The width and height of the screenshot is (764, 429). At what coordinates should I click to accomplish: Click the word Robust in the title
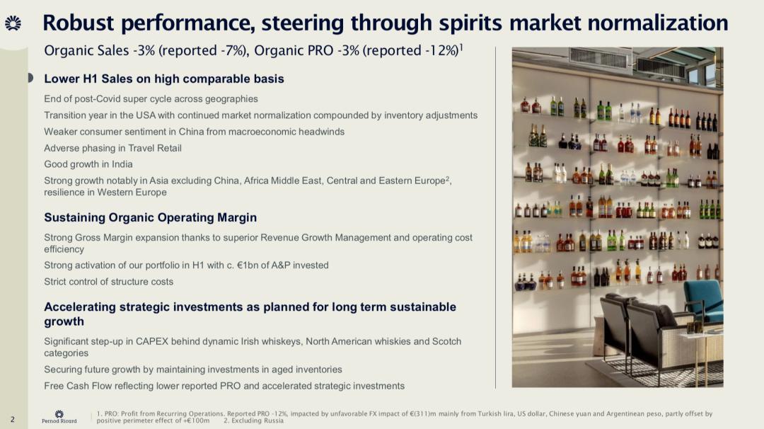pos(79,23)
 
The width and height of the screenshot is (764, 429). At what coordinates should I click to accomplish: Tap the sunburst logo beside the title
pos(13,23)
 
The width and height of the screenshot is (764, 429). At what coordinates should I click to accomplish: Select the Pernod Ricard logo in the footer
pos(59,417)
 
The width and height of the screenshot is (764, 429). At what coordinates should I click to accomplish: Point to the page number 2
pos(13,419)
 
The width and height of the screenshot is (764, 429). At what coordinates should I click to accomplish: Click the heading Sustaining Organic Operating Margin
pos(150,217)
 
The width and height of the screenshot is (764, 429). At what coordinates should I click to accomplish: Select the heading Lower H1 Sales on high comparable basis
pos(163,79)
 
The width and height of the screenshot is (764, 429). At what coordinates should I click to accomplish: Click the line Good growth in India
pos(88,164)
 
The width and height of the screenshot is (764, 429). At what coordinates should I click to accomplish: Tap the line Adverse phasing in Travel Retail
pos(112,148)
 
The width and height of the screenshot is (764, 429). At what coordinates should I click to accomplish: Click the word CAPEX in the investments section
pos(151,341)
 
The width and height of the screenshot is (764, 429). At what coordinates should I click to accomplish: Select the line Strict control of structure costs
pos(109,282)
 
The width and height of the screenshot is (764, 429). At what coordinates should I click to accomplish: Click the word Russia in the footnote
pos(273,421)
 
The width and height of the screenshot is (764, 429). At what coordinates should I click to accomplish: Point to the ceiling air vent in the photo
pos(598,59)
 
